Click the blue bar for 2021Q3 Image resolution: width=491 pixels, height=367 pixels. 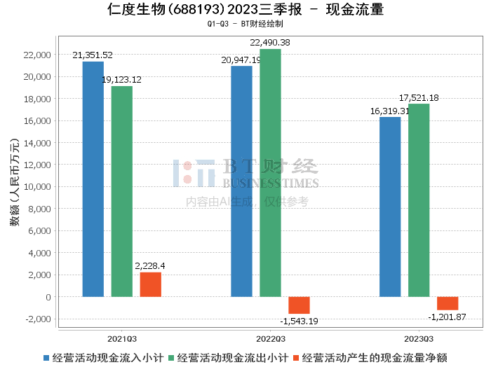point(93,179)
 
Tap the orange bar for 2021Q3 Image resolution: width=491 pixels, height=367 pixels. point(150,284)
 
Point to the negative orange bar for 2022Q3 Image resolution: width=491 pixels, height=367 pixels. point(299,305)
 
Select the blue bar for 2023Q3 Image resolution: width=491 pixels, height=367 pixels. point(390,207)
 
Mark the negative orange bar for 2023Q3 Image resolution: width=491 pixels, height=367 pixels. point(448,303)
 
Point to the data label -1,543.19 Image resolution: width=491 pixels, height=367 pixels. point(298,321)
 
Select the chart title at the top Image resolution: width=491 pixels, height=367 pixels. point(245,10)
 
